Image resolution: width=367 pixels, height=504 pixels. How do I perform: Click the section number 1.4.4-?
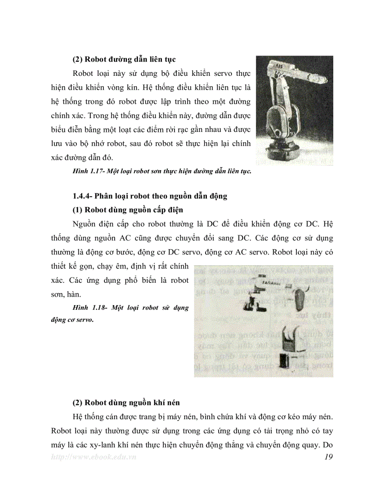pos(85,196)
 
